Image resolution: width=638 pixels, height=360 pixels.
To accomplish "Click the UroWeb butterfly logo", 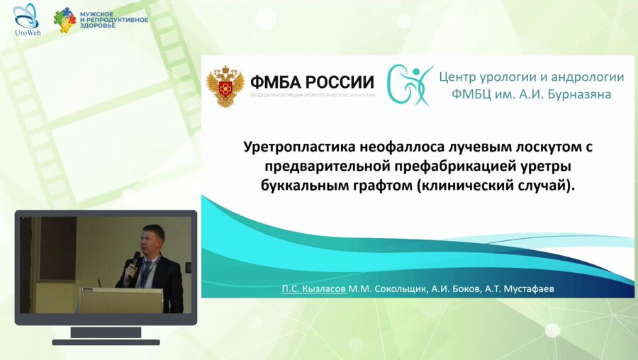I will coord(26,16).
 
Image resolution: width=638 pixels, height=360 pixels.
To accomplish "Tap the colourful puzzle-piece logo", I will coord(65,20).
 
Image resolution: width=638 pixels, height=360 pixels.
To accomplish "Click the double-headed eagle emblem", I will coord(225,86).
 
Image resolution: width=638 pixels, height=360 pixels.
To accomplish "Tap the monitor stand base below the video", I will coord(106,342).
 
